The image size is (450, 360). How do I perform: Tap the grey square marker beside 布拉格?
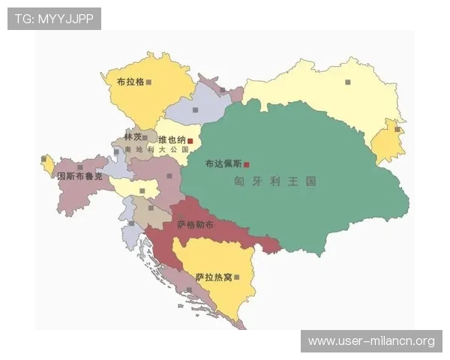(149, 82)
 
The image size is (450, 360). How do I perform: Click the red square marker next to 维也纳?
(190, 140)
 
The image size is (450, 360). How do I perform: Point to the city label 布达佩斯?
(223, 163)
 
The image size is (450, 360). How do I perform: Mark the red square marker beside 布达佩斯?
(246, 164)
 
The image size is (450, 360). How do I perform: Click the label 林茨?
(133, 137)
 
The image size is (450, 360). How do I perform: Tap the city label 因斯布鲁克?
(79, 176)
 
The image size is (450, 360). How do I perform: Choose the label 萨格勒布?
(195, 224)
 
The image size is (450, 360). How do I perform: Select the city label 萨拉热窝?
(214, 277)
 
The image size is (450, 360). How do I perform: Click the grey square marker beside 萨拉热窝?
(237, 277)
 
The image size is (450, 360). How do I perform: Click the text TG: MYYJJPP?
(53, 19)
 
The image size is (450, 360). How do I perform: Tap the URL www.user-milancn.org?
(371, 341)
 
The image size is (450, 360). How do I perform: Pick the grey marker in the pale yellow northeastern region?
(347, 82)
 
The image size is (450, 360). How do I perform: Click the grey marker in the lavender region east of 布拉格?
(195, 110)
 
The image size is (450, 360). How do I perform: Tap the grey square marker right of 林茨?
(145, 138)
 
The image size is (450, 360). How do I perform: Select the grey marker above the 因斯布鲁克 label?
(80, 166)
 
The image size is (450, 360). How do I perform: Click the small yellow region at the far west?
(48, 164)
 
